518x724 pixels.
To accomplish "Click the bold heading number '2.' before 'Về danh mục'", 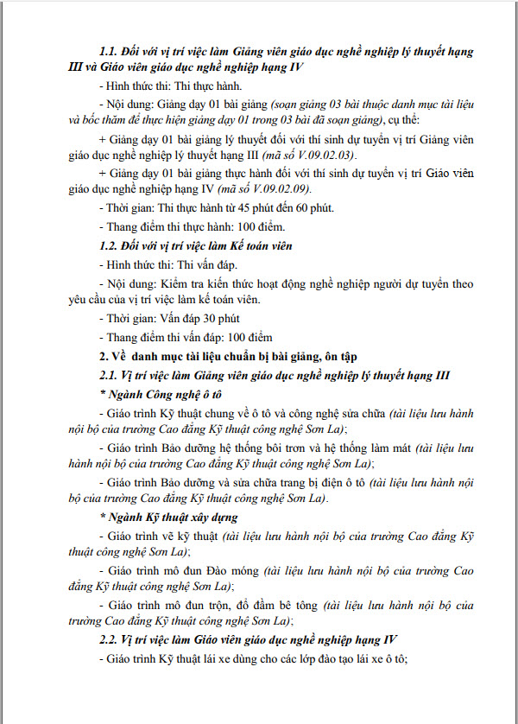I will click(x=104, y=356).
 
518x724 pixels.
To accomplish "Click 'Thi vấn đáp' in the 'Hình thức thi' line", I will click(x=205, y=264).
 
